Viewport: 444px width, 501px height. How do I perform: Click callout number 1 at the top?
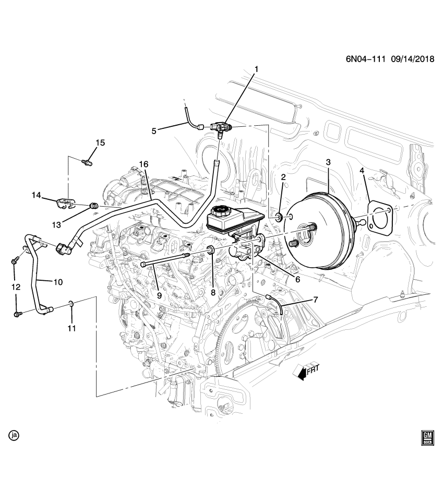pos(256,69)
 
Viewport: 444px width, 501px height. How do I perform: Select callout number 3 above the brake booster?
pos(328,163)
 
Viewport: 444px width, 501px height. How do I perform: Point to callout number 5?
pos(154,131)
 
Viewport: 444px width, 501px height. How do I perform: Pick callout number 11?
pos(71,328)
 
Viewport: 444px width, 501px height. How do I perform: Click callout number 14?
pos(36,195)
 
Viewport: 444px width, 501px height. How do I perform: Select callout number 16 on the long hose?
pos(143,163)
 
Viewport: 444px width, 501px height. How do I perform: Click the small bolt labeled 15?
pos(87,162)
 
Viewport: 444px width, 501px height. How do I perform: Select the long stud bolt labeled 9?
pos(162,259)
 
